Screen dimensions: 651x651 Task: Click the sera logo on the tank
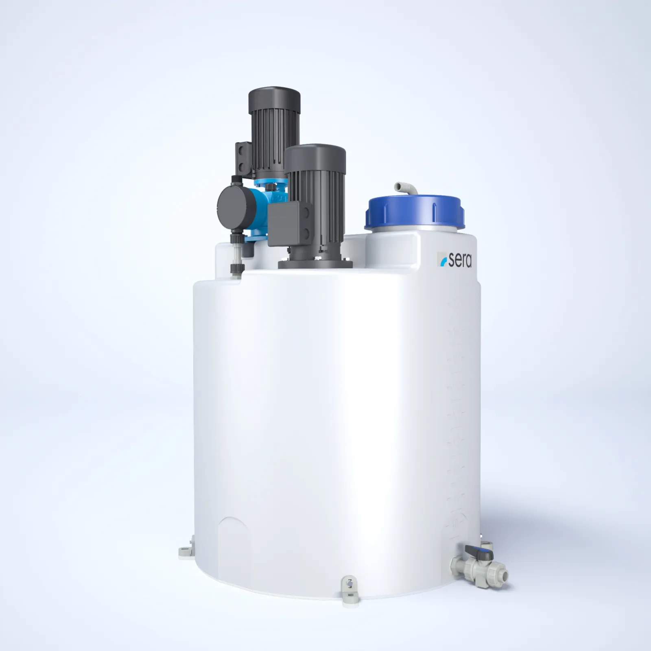pos(454,259)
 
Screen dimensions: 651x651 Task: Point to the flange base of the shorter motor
pos(315,262)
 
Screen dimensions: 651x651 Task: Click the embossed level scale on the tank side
pos(456,407)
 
